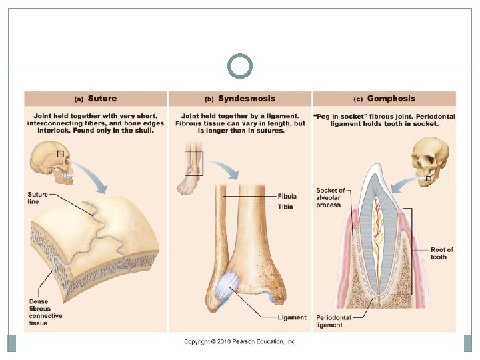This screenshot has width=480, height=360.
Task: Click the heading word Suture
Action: (x=102, y=99)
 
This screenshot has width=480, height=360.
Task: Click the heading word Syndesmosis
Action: (x=247, y=99)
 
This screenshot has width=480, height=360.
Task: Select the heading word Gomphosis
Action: (x=391, y=99)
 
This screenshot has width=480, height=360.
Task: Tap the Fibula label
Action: (x=288, y=197)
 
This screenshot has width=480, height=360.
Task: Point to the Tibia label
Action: (x=287, y=207)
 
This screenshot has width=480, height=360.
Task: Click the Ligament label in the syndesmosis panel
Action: (x=293, y=317)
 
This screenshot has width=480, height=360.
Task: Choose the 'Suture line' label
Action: (x=38, y=198)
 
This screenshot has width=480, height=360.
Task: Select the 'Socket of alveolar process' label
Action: (x=330, y=197)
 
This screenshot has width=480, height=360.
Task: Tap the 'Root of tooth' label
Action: (x=441, y=253)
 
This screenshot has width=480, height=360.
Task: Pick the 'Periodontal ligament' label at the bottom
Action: (x=329, y=321)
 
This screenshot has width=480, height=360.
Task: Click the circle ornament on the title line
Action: (x=240, y=67)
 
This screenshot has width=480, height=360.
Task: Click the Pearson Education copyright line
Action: (x=240, y=341)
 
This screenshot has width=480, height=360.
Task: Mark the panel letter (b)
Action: (x=209, y=99)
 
